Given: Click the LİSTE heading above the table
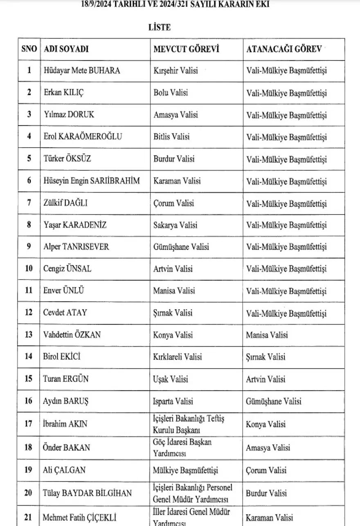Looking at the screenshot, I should (x=159, y=27).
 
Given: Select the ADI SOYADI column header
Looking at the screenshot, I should (x=66, y=49).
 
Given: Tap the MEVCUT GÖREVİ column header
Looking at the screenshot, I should (x=186, y=49).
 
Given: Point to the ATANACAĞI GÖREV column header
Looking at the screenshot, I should (x=283, y=49).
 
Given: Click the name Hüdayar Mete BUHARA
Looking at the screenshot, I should (x=81, y=71).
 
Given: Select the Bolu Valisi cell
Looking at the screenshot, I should (x=171, y=93).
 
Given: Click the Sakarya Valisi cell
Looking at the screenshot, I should (x=175, y=225).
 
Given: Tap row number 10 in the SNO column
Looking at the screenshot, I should (x=29, y=269).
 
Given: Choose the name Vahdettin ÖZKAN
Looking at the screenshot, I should (x=72, y=335).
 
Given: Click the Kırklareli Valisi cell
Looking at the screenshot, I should (x=178, y=357).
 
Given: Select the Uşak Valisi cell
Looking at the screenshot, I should (x=171, y=379).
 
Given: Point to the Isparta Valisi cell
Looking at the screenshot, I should (x=173, y=401).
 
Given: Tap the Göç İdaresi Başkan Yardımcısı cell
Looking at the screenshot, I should (x=182, y=448).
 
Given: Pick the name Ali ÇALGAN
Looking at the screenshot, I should (x=64, y=470).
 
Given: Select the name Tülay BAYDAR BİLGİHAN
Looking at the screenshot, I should (x=87, y=493).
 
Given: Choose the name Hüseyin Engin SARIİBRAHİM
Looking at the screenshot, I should (x=91, y=181).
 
